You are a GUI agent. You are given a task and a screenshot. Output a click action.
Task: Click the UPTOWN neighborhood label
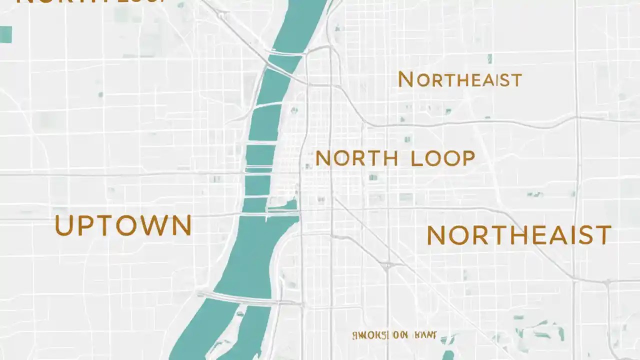click(x=123, y=225)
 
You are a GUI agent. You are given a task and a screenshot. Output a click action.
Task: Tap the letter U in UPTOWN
click(x=64, y=225)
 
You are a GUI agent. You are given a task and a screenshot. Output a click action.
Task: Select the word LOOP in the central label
click(x=442, y=158)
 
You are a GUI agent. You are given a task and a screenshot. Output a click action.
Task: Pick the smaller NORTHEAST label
click(x=459, y=80)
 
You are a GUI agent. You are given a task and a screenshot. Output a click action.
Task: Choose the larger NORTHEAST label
click(x=519, y=235)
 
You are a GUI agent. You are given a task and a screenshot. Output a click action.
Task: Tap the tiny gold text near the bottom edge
click(x=394, y=335)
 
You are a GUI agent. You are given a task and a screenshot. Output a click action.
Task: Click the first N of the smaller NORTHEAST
click(x=405, y=79)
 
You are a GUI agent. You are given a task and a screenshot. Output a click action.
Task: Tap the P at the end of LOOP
click(x=467, y=158)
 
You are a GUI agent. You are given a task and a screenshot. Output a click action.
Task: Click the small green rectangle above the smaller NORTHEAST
click(x=489, y=59)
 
